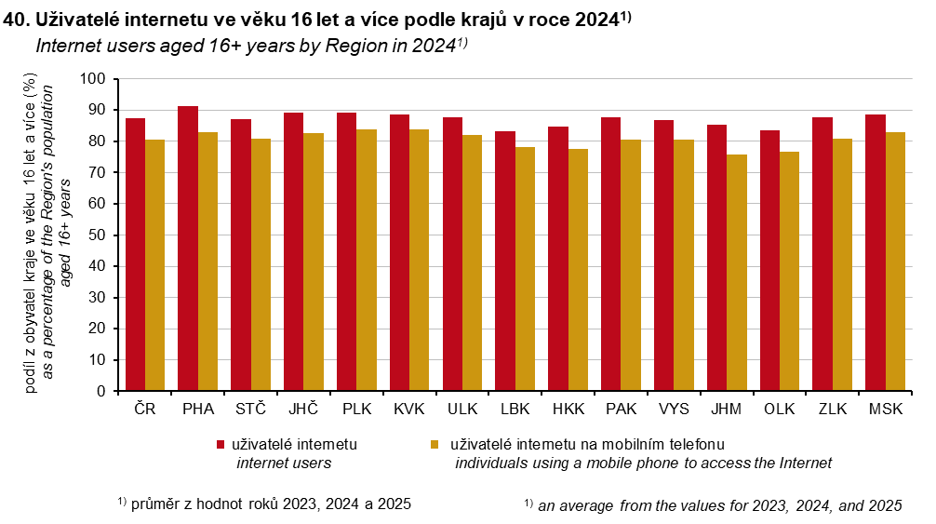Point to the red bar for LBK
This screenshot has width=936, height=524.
point(504,261)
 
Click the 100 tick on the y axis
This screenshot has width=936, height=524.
point(97,79)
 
